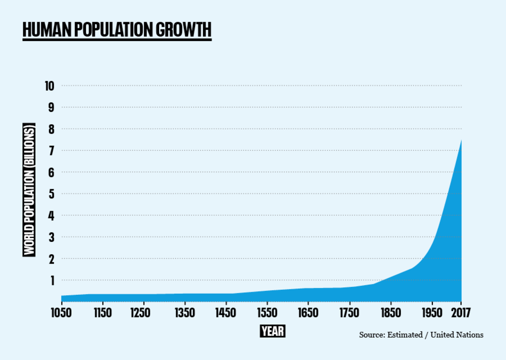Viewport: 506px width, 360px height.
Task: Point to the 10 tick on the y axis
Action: pos(49,86)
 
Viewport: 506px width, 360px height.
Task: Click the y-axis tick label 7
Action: pos(50,151)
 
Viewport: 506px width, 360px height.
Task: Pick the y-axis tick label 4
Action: pos(50,216)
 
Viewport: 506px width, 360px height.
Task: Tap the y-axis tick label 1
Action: pos(50,280)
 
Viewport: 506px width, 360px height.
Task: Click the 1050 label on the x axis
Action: pos(61,313)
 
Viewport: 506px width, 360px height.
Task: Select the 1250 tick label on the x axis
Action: pos(143,313)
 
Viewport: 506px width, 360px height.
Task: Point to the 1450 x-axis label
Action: pos(226,313)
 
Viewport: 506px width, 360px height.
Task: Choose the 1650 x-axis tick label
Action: pos(308,313)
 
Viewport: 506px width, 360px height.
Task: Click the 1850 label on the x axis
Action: pos(391,313)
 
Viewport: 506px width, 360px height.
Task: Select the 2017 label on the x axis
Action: pos(461,313)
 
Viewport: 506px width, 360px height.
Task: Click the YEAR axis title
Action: pos(272,331)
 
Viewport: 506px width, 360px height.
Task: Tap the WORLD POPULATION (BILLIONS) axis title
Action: pos(30,190)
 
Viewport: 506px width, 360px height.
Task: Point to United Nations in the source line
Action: pos(457,335)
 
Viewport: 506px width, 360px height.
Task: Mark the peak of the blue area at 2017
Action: pos(461,140)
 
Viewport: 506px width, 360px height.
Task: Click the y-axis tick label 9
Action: pos(50,108)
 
